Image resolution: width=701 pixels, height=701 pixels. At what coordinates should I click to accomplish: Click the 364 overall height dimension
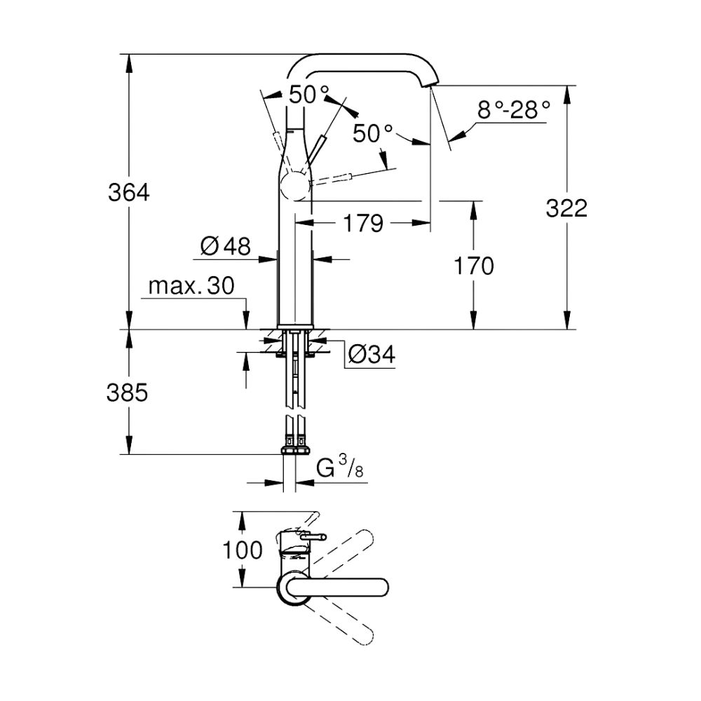click(129, 191)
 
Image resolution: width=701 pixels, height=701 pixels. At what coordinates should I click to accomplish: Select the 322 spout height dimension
click(566, 208)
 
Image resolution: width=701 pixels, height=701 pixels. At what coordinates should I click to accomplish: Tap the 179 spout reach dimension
click(364, 224)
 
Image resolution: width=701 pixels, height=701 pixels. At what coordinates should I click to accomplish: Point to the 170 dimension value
click(475, 266)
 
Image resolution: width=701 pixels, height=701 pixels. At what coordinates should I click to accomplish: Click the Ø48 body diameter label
click(225, 245)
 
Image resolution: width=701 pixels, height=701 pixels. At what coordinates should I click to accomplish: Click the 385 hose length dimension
click(128, 393)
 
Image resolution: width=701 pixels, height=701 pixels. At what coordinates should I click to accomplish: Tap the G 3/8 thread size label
click(340, 468)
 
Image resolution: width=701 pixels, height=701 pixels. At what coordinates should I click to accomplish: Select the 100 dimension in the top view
click(243, 550)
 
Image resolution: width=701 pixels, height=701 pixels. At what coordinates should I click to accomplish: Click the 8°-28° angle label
click(513, 110)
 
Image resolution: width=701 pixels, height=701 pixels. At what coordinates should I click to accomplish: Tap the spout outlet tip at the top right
click(428, 84)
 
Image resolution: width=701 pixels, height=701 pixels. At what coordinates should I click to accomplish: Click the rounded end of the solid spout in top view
click(383, 587)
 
